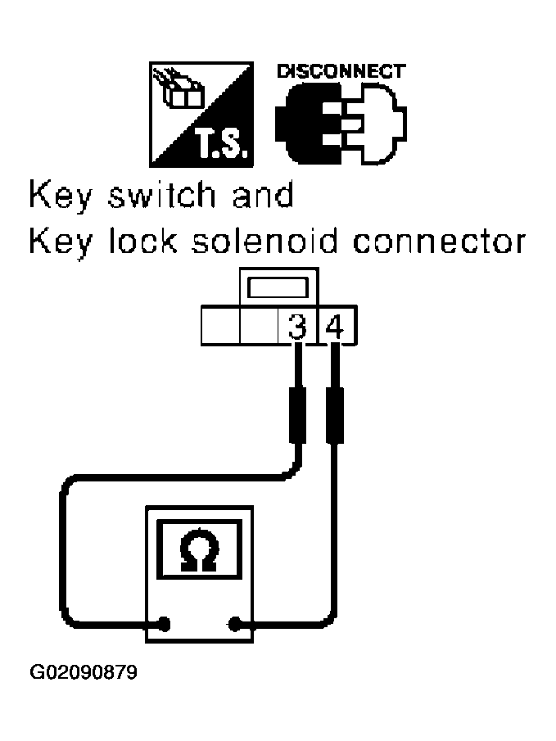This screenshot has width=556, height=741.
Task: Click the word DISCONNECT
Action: coord(341,71)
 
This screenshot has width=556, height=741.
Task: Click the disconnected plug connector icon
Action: coord(341,122)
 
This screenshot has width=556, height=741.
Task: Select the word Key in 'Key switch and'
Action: coord(60,197)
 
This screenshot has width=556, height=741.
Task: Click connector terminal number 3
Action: coord(297,328)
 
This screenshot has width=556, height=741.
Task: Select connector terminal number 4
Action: coord(334,328)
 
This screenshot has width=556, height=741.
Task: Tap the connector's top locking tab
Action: coord(278,289)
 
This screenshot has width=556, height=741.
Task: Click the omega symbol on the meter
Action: coord(199,552)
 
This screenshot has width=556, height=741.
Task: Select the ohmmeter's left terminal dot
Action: coord(165,624)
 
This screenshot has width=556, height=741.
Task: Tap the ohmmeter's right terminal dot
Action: coord(234,624)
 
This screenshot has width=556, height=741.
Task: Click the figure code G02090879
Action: coord(84,673)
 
